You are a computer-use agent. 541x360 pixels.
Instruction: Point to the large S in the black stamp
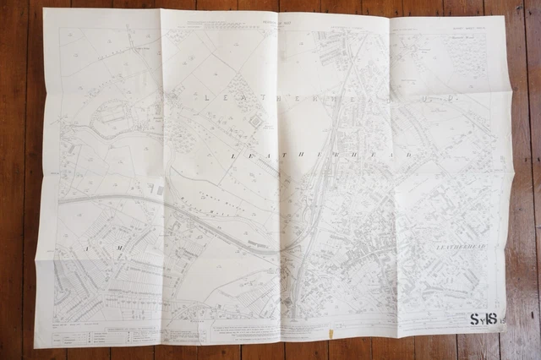[473, 319]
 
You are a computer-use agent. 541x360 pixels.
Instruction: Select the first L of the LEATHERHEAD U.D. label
[208, 96]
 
